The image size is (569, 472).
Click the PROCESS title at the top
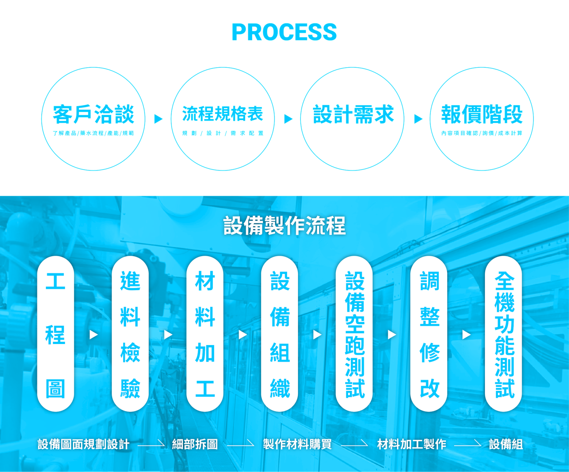coord(284,32)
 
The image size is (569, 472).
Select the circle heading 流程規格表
coord(223,114)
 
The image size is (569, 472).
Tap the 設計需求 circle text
coord(353,114)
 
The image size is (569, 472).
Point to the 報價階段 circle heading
coord(482,114)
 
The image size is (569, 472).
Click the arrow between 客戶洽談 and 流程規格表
coord(159,119)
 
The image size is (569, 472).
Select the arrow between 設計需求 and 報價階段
coord(418,119)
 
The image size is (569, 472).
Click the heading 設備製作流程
coord(284,226)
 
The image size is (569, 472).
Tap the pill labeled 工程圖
coord(55,334)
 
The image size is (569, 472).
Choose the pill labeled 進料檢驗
coord(130,334)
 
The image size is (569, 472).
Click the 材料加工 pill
coord(205,334)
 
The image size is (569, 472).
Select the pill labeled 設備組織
coord(280,334)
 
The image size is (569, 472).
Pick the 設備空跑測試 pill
coord(354,334)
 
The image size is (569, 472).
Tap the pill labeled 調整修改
coord(429,334)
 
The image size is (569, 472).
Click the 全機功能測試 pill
coord(504,334)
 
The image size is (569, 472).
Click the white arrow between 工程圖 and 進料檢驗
coord(93,335)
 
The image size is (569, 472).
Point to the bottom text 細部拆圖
coord(195,444)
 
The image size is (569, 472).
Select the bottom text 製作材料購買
coord(297,444)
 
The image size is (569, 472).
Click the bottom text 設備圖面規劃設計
coord(83,444)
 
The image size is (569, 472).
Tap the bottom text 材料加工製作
coord(411,444)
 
